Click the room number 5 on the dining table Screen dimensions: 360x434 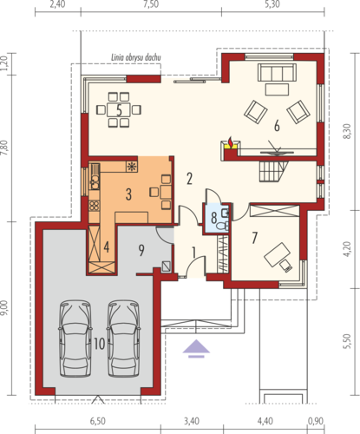(119, 110)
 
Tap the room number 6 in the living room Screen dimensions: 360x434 (277, 126)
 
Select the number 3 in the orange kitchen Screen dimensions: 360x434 (128, 194)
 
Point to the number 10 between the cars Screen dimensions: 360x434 (99, 344)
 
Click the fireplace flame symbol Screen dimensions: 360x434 (231, 142)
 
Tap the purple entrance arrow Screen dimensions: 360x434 (196, 348)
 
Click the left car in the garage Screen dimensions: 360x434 (75, 339)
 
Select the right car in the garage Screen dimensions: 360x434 (123, 339)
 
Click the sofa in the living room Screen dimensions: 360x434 (277, 73)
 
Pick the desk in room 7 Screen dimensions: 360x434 (278, 254)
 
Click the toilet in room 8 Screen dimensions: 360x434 (222, 227)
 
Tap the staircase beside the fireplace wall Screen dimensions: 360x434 (273, 171)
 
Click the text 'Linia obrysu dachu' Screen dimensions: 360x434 (136, 57)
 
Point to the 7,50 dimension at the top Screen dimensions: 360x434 (151, 5)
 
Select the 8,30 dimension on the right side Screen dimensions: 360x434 (347, 131)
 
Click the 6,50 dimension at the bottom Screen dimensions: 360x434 (98, 421)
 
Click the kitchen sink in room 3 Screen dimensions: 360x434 (95, 183)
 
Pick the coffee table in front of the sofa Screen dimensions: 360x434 (277, 89)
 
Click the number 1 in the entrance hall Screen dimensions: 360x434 (193, 253)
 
